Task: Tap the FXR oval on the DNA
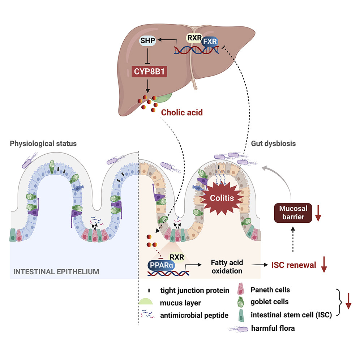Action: pos(210,42)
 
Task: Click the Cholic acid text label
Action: pos(182,112)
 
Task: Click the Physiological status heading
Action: pos(43,143)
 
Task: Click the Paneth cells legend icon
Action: pos(241,290)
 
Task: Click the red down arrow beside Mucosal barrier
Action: pos(318,213)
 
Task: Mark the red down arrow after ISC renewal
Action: pos(324,266)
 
